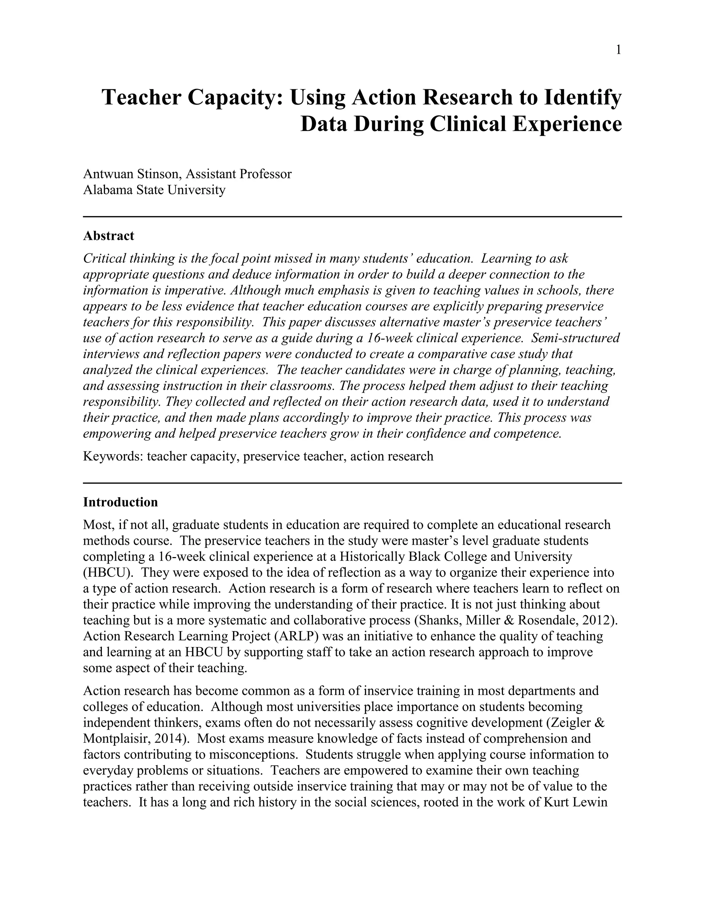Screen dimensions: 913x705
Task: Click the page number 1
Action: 618,51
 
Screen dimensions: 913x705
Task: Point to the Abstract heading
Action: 108,236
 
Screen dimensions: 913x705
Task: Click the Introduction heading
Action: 120,502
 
